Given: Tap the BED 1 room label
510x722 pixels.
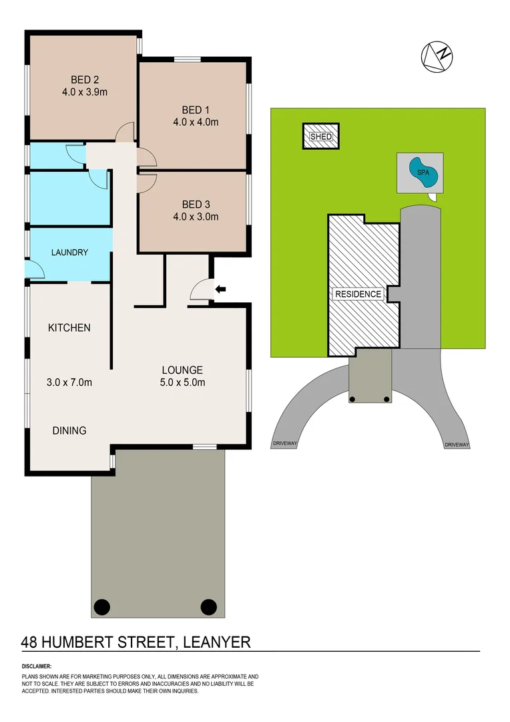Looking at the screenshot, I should point(195,109).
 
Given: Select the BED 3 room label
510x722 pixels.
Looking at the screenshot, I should point(195,203).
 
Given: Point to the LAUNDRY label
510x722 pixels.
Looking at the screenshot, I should point(70,253).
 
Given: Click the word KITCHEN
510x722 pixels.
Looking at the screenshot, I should point(69,328).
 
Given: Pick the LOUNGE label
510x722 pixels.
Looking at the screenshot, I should point(182,370).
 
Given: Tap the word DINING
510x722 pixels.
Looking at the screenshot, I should point(69,431).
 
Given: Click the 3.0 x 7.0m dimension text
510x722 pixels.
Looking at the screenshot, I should point(69,383).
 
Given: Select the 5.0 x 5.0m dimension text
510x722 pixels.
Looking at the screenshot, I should point(182,383).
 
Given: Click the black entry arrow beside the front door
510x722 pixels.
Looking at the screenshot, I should point(220,289).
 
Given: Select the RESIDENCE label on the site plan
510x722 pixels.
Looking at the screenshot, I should point(358,294).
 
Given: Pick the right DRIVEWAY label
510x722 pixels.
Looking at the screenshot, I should point(457,445).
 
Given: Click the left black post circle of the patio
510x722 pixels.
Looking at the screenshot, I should point(101,607).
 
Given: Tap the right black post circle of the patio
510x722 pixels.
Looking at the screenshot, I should point(208,607).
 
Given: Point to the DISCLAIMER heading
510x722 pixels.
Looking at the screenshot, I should point(37,667).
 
